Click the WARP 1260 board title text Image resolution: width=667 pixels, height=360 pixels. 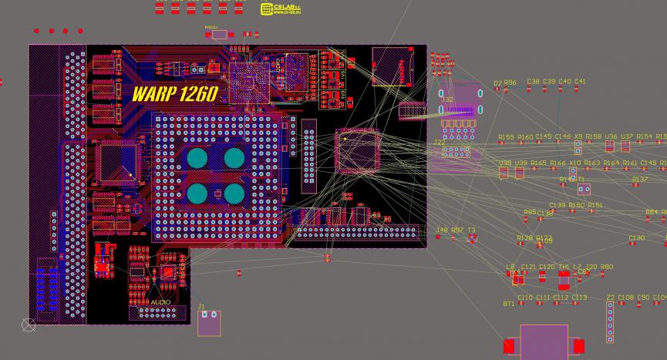coord(174,94)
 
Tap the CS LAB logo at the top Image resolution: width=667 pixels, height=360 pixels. coord(278,8)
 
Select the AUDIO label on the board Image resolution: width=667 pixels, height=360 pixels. coord(161,302)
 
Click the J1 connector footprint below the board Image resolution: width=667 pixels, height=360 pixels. coord(208,323)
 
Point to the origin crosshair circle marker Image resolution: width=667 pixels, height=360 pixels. coord(29,325)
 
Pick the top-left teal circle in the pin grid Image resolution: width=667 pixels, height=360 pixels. coord(198,159)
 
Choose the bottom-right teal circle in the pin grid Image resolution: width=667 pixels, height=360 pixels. coord(234,193)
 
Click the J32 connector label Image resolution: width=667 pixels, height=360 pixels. coord(446,99)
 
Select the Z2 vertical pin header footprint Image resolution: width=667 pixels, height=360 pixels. coord(610,321)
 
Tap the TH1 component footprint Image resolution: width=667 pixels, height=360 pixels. coord(564,278)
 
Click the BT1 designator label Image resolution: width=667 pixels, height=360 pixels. coord(508,304)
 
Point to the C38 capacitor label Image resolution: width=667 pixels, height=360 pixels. coord(533,81)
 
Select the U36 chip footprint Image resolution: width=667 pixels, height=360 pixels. coord(610,146)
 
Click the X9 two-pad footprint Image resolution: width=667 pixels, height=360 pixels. coord(578,146)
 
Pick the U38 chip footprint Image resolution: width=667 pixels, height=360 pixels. coord(504,173)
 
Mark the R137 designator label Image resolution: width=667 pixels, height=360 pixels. coord(640,179)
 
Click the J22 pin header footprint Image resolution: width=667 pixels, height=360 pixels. coord(456,152)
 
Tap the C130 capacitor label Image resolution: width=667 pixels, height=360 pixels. coord(636,237)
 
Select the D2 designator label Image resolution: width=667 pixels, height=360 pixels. coord(497,82)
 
